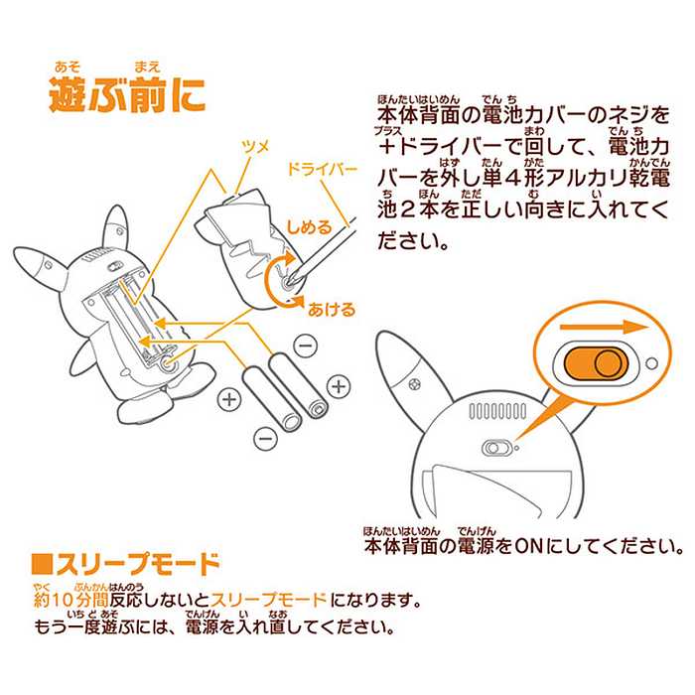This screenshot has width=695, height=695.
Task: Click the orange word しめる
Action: tap(309, 227)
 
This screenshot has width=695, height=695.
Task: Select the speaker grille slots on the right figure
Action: tap(497, 410)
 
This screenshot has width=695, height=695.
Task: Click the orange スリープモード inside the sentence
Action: tap(269, 602)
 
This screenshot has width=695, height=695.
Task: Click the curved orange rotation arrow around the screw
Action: tap(279, 283)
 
